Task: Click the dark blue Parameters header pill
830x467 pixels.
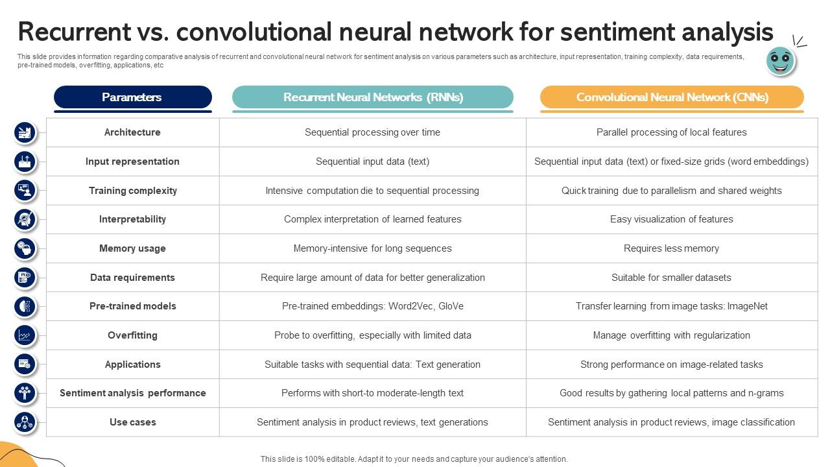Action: point(132,97)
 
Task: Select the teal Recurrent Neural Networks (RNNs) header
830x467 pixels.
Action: point(373,97)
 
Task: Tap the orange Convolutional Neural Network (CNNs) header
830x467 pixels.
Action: point(672,97)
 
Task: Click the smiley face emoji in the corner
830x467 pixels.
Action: point(780,61)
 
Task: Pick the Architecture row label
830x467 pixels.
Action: point(132,132)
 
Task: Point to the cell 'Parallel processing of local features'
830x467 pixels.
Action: point(671,132)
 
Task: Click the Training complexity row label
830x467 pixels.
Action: point(132,191)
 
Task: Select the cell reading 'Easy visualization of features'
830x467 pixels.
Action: point(671,219)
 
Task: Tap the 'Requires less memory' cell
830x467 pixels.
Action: point(671,248)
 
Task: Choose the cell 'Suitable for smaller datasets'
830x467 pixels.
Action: point(671,278)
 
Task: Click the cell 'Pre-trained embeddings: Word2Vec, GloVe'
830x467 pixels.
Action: point(372,306)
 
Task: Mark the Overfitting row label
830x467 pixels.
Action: point(132,335)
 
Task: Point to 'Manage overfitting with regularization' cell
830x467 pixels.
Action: point(671,335)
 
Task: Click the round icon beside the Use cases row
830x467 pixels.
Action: point(25,422)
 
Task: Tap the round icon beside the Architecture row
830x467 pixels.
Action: point(25,133)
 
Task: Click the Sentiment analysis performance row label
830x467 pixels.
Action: point(132,393)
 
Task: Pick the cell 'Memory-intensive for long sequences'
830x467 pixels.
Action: point(372,248)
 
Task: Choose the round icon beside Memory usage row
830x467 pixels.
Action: point(25,248)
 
